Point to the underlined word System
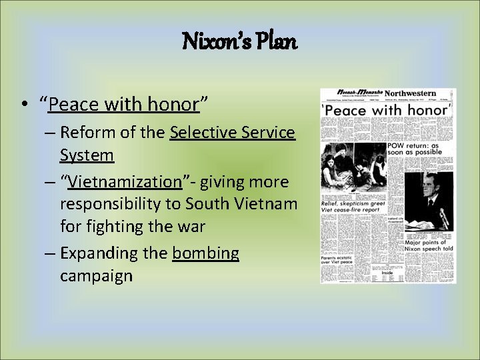click(x=87, y=155)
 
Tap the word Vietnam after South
click(x=265, y=204)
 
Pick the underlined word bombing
click(x=205, y=253)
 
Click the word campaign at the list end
click(x=96, y=276)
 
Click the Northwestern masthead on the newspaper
click(x=409, y=94)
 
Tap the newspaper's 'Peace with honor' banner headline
click(x=387, y=110)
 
